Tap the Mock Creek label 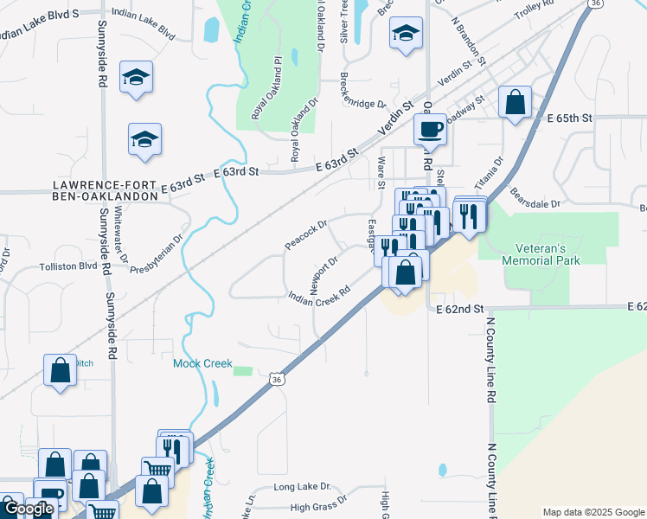coord(202,363)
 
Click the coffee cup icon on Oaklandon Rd coord(430,131)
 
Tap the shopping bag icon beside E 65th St coord(515,102)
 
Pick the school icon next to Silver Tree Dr coord(406,34)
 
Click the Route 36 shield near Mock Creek coord(276,379)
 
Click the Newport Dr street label coord(323,272)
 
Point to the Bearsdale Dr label coord(535,197)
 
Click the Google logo coord(29,509)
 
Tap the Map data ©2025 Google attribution coord(593,512)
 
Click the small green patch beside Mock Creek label coord(243,371)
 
